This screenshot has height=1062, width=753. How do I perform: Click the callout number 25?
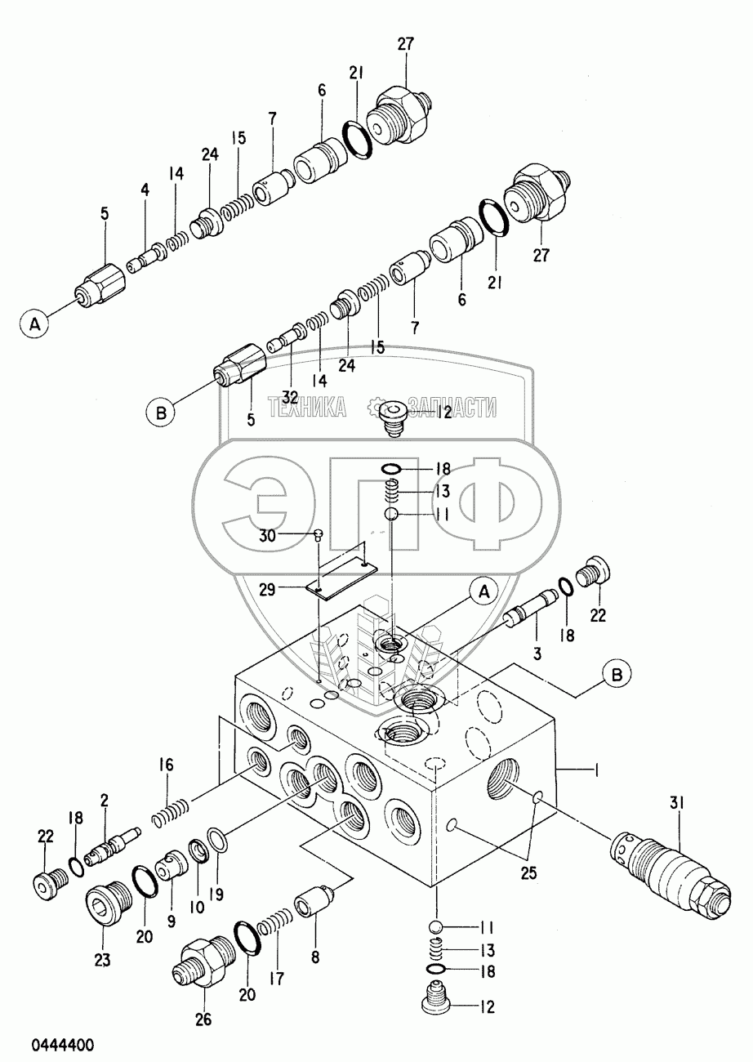tap(529, 872)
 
